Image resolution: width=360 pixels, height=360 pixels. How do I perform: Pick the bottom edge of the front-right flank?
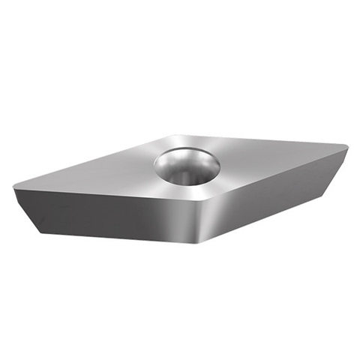point(270,214)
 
